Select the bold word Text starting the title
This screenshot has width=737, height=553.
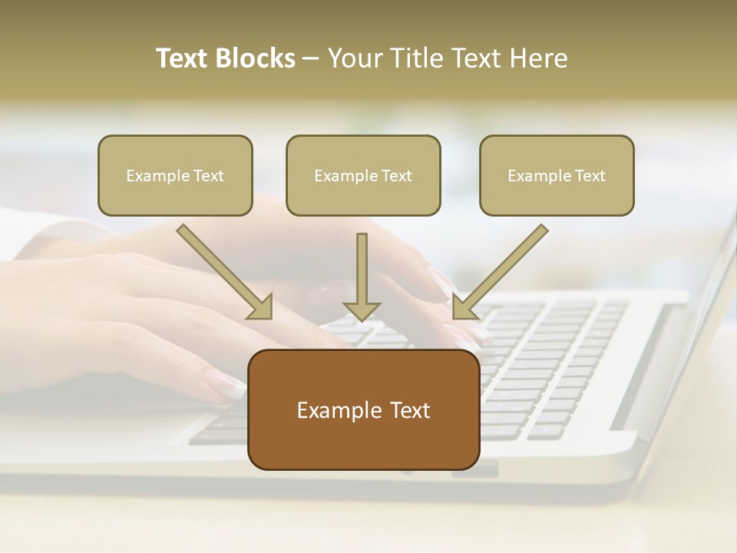[x=183, y=58]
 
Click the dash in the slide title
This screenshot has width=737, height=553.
[x=310, y=59]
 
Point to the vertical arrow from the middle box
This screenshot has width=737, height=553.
[x=362, y=269]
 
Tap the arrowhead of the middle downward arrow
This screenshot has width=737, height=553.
[x=362, y=311]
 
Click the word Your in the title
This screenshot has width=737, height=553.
[x=353, y=58]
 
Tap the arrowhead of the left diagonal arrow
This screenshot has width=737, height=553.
[x=261, y=307]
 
